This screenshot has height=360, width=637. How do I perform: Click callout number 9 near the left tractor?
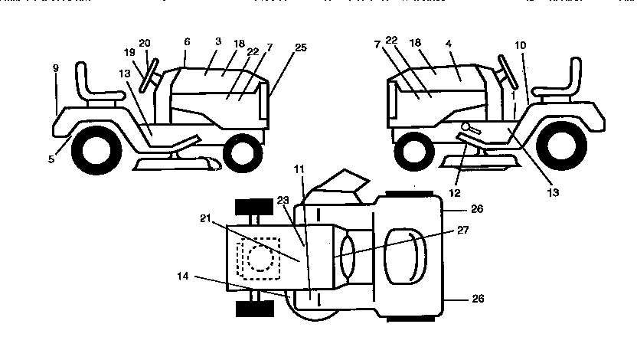click(x=55, y=68)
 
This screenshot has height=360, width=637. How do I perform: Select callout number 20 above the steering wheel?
click(x=145, y=43)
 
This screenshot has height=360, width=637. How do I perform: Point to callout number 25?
click(x=300, y=47)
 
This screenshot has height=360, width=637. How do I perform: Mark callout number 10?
click(x=520, y=46)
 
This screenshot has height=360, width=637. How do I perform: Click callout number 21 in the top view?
click(x=204, y=219)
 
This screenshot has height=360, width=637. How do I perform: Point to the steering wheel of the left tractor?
click(x=151, y=74)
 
